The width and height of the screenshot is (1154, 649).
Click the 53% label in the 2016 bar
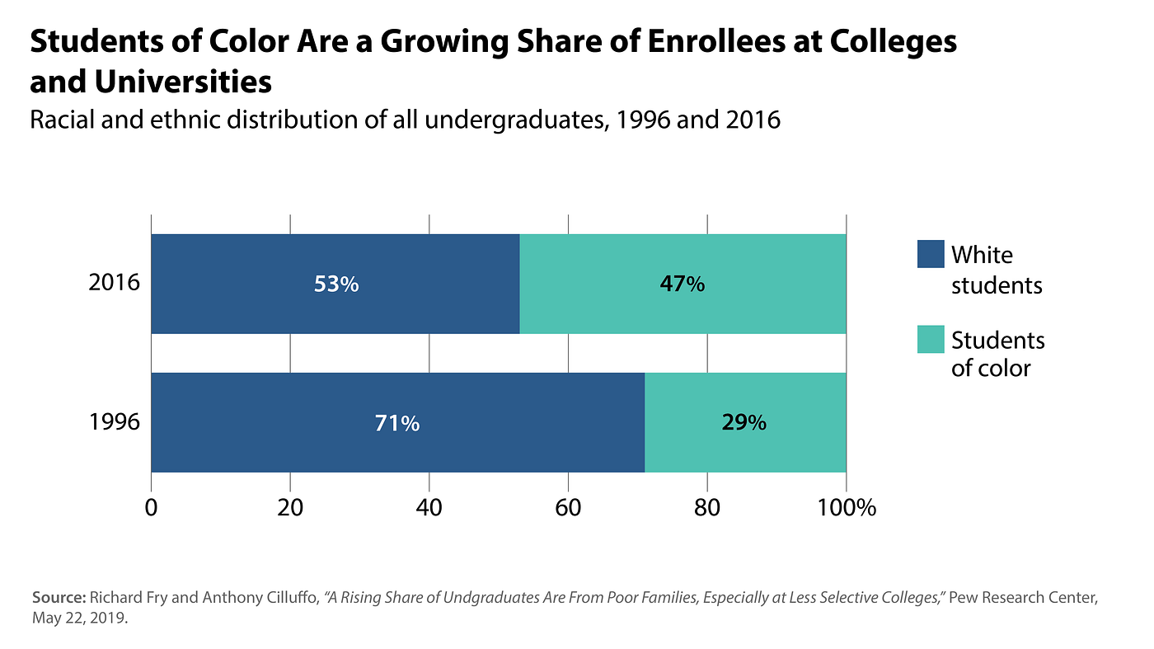pyautogui.click(x=336, y=284)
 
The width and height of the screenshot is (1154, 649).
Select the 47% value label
pyautogui.click(x=683, y=284)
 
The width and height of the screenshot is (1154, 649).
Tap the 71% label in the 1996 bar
pyautogui.click(x=397, y=423)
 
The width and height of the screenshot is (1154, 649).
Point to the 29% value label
pyautogui.click(x=744, y=423)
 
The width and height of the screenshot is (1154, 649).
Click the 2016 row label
pyautogui.click(x=114, y=283)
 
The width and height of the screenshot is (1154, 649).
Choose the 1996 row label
pyautogui.click(x=115, y=421)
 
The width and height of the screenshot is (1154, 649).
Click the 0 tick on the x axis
pyautogui.click(x=151, y=508)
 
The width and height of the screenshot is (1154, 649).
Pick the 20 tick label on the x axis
pyautogui.click(x=290, y=508)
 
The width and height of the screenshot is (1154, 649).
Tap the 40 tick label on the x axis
pyautogui.click(x=429, y=508)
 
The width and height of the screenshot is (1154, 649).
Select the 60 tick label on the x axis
pyautogui.click(x=568, y=508)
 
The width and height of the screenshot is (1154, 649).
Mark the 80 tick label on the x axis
pyautogui.click(x=707, y=508)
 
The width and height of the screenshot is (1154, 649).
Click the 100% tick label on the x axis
pyautogui.click(x=847, y=508)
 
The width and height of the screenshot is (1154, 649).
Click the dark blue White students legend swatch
pyautogui.click(x=931, y=254)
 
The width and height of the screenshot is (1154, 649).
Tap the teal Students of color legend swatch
pyautogui.click(x=931, y=339)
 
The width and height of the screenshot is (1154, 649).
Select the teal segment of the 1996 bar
pyautogui.click(x=745, y=422)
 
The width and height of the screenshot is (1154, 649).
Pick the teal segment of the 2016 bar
pyautogui.click(x=683, y=284)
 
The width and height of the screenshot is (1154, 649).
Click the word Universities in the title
pyautogui.click(x=183, y=82)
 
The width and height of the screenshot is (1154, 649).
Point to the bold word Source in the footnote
pyautogui.click(x=59, y=598)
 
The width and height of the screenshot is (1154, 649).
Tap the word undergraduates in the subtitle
pyautogui.click(x=512, y=120)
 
